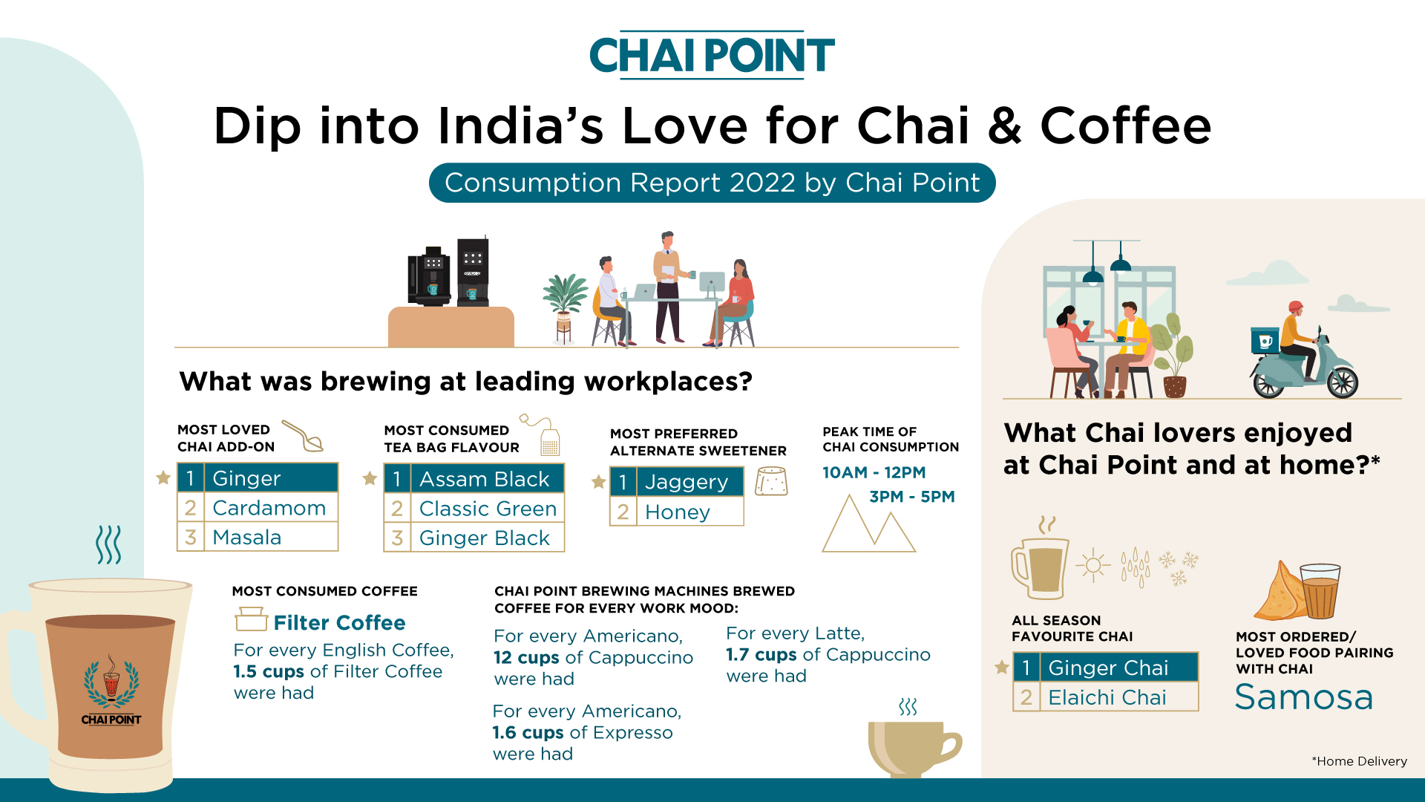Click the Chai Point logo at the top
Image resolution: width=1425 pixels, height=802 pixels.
coord(712,55)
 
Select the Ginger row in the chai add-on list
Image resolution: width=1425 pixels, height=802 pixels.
coord(258,477)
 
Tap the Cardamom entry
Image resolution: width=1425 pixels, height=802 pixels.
coord(258,507)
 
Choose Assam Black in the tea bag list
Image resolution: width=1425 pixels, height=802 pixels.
coord(474,478)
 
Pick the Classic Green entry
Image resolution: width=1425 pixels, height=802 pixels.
coord(474,509)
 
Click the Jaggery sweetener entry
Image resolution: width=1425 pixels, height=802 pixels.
coord(677,482)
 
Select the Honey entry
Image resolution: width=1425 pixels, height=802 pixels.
coord(677,512)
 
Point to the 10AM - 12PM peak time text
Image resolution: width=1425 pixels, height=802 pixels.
coord(874,472)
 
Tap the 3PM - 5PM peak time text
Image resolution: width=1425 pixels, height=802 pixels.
coord(912,497)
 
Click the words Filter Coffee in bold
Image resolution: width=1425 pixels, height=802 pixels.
coord(339,622)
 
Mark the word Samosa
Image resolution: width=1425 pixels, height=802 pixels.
coord(1304,697)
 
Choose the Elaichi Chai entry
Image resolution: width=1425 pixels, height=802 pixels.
coord(1106,697)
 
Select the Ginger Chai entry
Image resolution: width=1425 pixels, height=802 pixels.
coord(1106,668)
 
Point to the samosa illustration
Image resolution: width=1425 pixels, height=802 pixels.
coord(1280,593)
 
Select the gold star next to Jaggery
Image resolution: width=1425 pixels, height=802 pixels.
coord(599,482)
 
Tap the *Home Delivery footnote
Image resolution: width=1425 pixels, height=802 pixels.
coord(1359,761)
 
